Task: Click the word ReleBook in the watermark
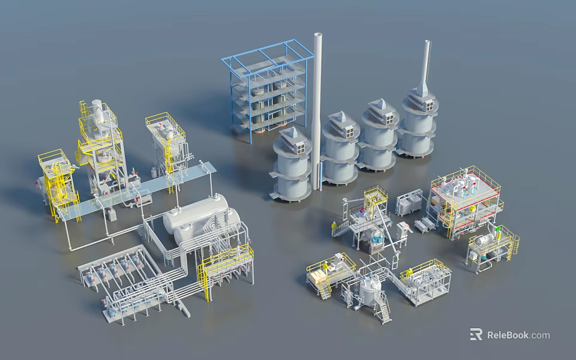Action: pyautogui.click(x=508, y=335)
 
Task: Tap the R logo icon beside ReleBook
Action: pyautogui.click(x=476, y=334)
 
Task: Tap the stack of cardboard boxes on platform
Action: pyautogui.click(x=316, y=277)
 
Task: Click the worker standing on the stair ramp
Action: pyautogui.click(x=335, y=227)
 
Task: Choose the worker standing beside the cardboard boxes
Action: pyautogui.click(x=325, y=266)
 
